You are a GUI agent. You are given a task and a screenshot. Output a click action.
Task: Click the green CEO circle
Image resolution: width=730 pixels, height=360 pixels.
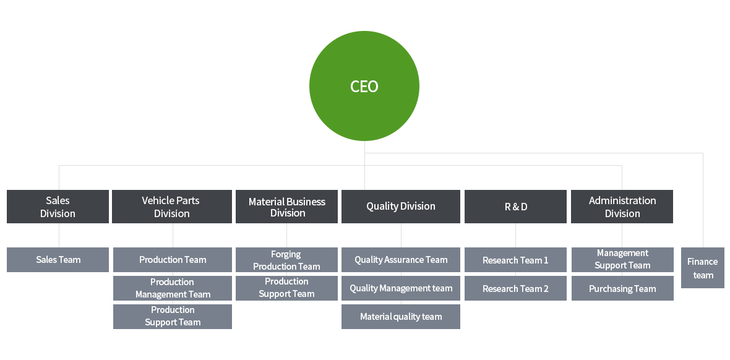(364, 86)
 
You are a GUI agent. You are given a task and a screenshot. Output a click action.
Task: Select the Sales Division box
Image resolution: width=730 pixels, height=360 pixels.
(58, 207)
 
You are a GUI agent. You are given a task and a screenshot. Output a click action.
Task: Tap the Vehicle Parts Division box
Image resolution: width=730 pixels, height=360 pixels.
(172, 207)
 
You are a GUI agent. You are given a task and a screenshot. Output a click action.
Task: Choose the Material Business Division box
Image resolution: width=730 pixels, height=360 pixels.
(287, 207)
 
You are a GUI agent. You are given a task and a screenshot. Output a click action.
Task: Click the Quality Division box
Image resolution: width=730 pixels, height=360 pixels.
(401, 207)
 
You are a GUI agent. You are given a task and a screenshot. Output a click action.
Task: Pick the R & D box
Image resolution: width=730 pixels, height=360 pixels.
(516, 207)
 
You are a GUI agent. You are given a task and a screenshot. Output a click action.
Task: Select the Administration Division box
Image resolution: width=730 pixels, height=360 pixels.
(622, 207)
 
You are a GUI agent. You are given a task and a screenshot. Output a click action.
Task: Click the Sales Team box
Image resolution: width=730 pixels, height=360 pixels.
(58, 260)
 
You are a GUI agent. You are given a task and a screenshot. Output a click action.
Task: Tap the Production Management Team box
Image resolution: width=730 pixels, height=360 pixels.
(173, 288)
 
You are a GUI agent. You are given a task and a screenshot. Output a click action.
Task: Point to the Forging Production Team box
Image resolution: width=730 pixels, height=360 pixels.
(287, 260)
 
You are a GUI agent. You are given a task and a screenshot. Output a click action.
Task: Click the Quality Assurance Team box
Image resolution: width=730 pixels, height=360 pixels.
(401, 260)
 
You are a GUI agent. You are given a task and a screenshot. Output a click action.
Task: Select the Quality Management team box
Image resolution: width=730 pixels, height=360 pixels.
(401, 288)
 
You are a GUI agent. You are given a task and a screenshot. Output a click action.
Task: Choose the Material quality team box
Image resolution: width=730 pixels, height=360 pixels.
(401, 317)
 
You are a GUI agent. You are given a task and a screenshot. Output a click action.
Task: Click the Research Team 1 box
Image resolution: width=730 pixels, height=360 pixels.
(516, 260)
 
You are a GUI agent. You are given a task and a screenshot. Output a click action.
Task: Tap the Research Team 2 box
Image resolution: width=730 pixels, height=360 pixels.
(516, 288)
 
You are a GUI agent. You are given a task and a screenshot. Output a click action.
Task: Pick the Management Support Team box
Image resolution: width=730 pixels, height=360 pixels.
(622, 260)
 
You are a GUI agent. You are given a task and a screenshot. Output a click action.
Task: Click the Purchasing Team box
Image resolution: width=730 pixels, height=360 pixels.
(622, 288)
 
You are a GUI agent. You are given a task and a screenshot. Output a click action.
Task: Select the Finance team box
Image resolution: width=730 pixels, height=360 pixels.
(703, 268)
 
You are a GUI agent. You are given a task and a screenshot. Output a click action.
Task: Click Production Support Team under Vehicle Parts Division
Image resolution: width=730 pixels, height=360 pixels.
(173, 317)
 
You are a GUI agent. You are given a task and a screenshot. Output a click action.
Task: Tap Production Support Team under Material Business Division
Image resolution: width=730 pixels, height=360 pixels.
(287, 288)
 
